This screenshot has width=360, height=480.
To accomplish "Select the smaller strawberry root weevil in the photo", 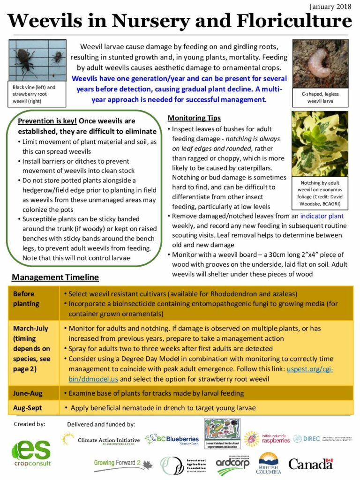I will [57, 57].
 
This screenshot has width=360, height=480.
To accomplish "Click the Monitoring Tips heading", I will [194, 118].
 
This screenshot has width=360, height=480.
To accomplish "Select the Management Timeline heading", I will [55, 277].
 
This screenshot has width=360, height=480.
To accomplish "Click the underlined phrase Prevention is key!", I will [47, 121].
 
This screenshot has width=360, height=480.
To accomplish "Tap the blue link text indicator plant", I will [322, 216].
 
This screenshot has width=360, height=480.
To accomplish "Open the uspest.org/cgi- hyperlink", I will [310, 369].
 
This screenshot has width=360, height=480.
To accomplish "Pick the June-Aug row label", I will [29, 393].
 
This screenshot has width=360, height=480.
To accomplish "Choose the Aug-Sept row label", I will [29, 408].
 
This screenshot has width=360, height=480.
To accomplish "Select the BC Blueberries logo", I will [172, 439].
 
